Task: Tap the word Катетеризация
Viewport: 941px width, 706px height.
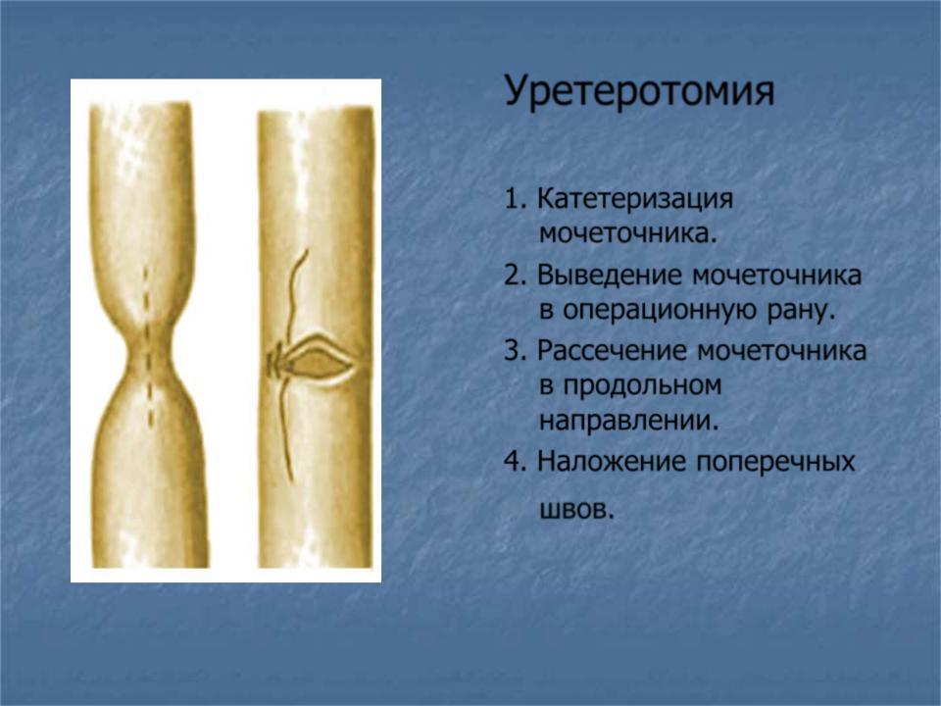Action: click(635, 199)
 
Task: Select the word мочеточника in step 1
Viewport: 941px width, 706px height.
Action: click(628, 233)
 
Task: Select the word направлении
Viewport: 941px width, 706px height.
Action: click(629, 422)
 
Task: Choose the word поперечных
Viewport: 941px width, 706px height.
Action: click(775, 463)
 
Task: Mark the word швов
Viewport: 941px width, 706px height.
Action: click(577, 511)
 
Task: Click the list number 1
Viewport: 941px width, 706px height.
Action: click(516, 199)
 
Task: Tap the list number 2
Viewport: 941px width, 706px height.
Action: click(516, 275)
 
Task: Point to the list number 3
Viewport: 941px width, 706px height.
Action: click(516, 351)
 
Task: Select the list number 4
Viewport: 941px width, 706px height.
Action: click(516, 462)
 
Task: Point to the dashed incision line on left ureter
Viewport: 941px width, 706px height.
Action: click(148, 348)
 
